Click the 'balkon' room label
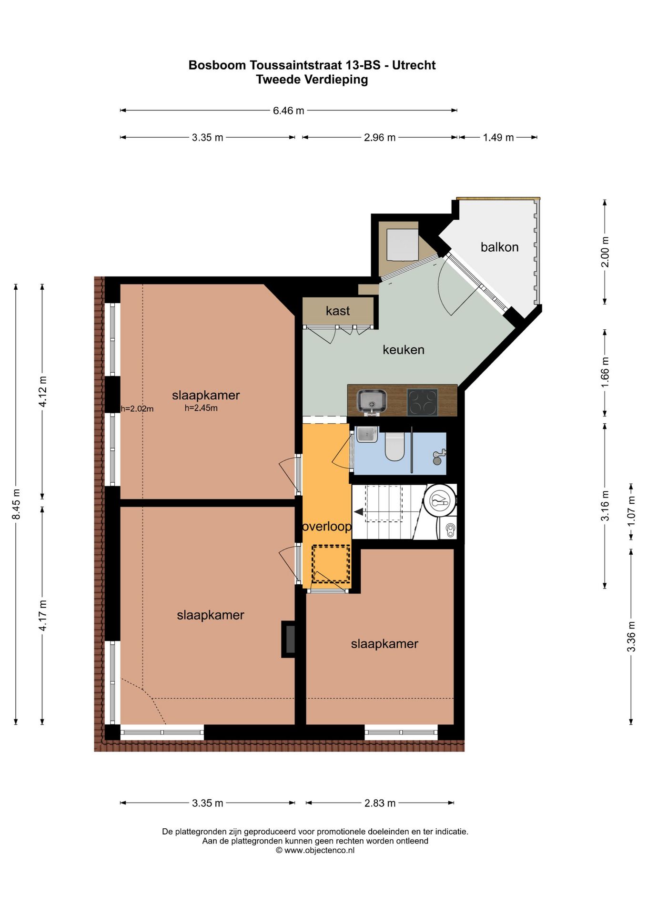click(x=499, y=247)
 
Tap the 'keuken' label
click(x=404, y=350)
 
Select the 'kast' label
click(x=338, y=311)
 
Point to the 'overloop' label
click(x=327, y=527)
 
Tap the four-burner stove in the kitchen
click(x=422, y=403)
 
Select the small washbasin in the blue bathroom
click(x=367, y=434)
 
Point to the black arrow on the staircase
click(x=358, y=512)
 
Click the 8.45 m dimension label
click(x=16, y=504)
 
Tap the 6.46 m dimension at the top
click(x=288, y=111)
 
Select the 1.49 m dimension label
click(x=498, y=138)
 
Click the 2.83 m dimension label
click(x=380, y=803)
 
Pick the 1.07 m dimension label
click(x=631, y=511)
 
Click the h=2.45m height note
click(x=201, y=408)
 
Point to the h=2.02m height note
click(x=137, y=408)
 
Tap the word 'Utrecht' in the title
click(x=414, y=65)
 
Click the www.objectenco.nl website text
click(x=319, y=850)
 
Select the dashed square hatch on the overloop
click(x=331, y=564)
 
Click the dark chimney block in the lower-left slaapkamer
click(x=289, y=640)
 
